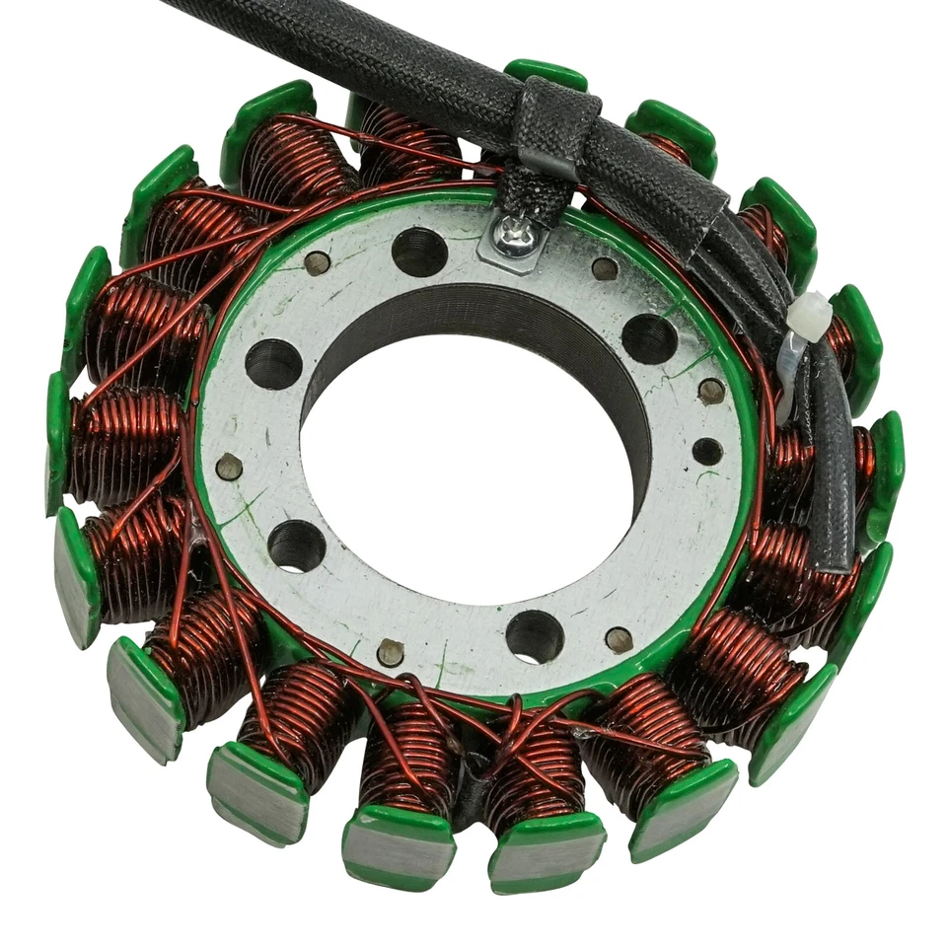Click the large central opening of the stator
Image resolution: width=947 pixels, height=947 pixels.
[x=464, y=464]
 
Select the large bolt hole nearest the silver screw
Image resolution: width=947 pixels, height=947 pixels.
[x=419, y=251]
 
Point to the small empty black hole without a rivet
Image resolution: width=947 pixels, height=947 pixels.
[x=707, y=451]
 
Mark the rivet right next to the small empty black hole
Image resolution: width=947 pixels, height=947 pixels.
[x=711, y=392]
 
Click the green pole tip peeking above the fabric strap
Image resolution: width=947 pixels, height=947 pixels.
[x=546, y=72]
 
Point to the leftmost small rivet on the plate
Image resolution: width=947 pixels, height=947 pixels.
[x=229, y=468]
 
